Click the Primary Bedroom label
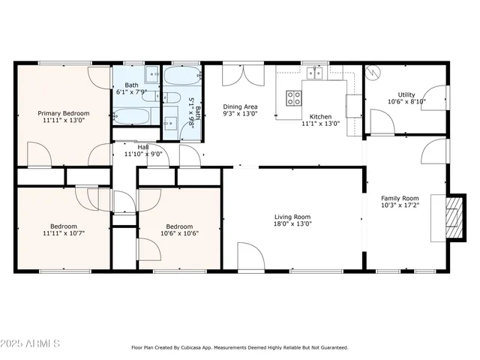(64, 113)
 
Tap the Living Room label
(292, 217)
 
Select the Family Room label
(400, 198)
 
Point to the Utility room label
(406, 94)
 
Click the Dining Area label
(240, 106)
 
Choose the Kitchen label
(320, 117)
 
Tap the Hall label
(143, 147)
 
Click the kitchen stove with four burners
(294, 98)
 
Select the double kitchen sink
(315, 73)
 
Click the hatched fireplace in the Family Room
(454, 217)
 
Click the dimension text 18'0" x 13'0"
(292, 223)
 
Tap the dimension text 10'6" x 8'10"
(406, 102)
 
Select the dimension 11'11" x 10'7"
(64, 233)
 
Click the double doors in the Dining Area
(243, 75)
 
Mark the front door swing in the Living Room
(251, 256)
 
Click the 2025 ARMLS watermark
(30, 343)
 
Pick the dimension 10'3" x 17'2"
(400, 205)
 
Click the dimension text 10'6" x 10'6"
(179, 233)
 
